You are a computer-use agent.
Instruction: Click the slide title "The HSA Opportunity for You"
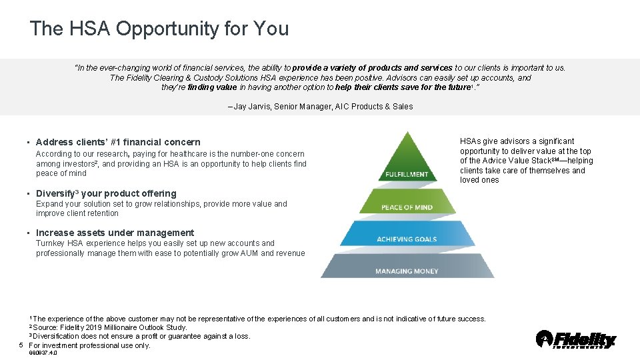159,29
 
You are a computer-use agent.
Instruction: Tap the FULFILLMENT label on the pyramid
407,175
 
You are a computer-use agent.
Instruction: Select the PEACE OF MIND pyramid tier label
407,207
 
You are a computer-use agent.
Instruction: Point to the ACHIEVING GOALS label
407,239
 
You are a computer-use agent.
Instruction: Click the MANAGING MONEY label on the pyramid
407,271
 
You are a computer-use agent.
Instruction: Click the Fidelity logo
576,339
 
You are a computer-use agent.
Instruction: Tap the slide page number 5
22,345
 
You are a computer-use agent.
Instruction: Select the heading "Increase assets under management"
115,233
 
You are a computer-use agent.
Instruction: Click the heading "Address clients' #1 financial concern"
118,142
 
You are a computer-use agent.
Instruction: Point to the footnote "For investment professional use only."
90,345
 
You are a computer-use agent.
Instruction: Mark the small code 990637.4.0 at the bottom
43,353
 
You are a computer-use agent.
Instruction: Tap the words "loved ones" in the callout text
479,180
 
